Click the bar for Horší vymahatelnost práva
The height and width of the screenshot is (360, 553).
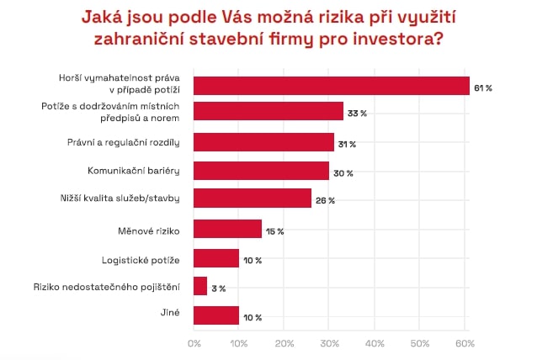coord(331,85)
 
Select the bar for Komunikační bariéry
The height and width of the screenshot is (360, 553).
coord(261,171)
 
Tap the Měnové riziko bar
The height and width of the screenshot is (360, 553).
coord(227,229)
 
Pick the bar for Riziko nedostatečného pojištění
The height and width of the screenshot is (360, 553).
coord(200,286)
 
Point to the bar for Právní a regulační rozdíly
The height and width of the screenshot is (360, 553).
coord(263,142)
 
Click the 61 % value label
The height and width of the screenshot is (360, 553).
coord(483,87)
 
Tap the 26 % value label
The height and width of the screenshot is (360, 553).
coord(325,201)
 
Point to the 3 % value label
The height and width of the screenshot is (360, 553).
coord(218,289)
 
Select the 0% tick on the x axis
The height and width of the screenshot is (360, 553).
coord(194,343)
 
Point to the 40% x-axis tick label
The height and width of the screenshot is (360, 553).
coord(375,343)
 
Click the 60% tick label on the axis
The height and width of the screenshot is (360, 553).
coord(465,343)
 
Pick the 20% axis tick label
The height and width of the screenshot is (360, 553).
coord(284,343)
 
